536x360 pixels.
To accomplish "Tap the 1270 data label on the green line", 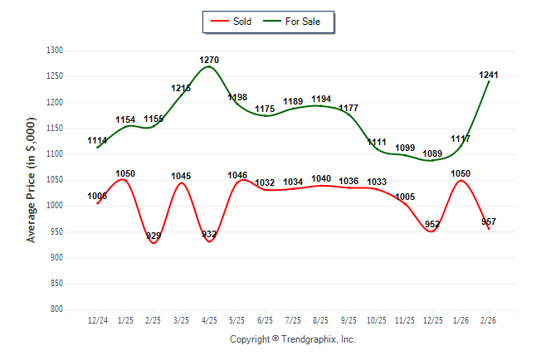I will [x=209, y=60].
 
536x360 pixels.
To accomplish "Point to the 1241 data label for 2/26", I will [x=489, y=75].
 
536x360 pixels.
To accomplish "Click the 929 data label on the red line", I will [x=153, y=236].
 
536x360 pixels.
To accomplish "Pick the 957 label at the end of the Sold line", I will [x=489, y=221].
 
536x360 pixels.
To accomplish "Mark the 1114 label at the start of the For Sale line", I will [x=98, y=141].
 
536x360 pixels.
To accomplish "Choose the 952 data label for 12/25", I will [x=433, y=224].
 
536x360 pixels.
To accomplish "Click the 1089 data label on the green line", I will [x=433, y=153].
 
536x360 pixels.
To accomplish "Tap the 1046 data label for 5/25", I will [x=237, y=176].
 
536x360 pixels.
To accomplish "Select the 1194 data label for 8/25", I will [x=321, y=100].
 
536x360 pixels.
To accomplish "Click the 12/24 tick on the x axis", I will [x=98, y=319].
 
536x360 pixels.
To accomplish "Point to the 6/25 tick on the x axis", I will [x=266, y=319].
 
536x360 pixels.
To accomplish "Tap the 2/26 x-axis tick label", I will [x=489, y=319].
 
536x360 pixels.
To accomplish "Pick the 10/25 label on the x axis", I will [x=377, y=319].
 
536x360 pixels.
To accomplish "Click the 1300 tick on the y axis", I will [x=56, y=51].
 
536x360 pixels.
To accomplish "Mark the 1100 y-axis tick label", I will [x=56, y=154].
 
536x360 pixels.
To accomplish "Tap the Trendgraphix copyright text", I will [x=292, y=339].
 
